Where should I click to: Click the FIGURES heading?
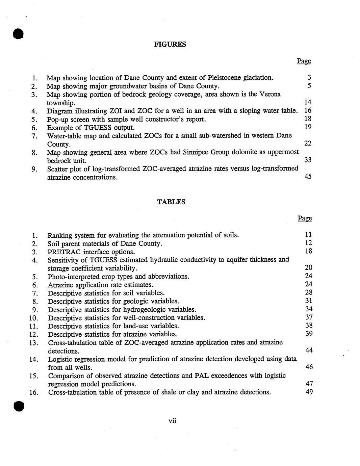pyautogui.click(x=170, y=44)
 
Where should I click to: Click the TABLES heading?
pyautogui.click(x=171, y=202)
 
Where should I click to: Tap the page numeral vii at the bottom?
pyautogui.click(x=172, y=421)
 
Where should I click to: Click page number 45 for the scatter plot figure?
pyautogui.click(x=308, y=176)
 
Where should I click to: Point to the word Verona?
pyautogui.click(x=270, y=94)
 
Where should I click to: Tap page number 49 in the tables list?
pyautogui.click(x=309, y=392)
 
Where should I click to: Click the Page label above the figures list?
pyautogui.click(x=304, y=61)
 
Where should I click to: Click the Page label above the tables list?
pyautogui.click(x=305, y=218)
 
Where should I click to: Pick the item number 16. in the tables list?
pyautogui.click(x=34, y=392)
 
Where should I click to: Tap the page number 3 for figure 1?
pyautogui.click(x=309, y=78)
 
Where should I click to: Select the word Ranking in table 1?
pyautogui.click(x=60, y=235)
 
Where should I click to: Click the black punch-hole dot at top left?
pyautogui.click(x=18, y=34)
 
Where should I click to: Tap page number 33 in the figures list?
pyautogui.click(x=308, y=160)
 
